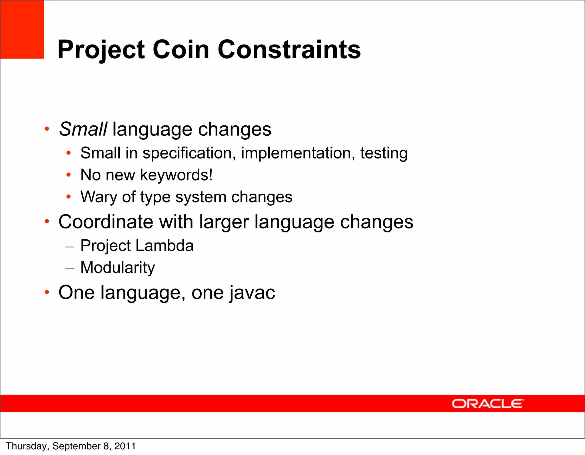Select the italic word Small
(x=83, y=129)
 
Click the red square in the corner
(x=22, y=29)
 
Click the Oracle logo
(x=488, y=404)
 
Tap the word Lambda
(x=165, y=246)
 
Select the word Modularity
(x=118, y=268)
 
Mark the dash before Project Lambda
(x=70, y=246)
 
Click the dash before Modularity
(x=70, y=268)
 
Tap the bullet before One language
(x=47, y=292)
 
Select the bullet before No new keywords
(x=68, y=175)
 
